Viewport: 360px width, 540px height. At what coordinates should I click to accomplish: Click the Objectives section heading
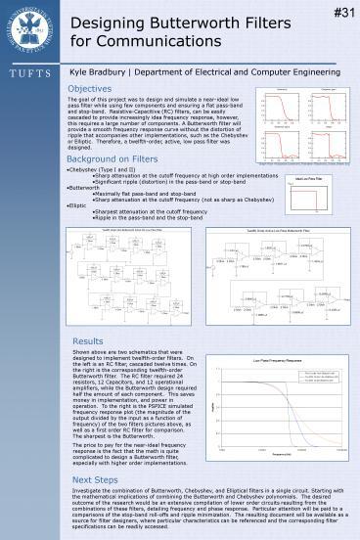[95, 88]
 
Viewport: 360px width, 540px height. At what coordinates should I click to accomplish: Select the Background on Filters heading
[114, 158]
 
